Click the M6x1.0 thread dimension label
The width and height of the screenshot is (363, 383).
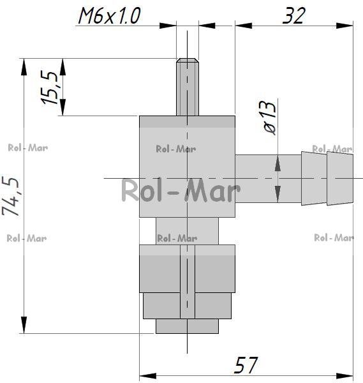point(109,15)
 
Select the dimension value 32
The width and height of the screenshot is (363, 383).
point(294,15)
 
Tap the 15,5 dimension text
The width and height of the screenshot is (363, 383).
point(50,87)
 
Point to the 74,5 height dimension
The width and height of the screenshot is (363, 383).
point(10,196)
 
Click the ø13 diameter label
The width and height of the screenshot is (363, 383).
point(270,117)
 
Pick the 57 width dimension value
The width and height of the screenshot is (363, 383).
point(246,365)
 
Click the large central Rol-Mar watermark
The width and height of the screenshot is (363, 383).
point(181,190)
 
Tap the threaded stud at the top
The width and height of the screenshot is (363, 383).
point(188,87)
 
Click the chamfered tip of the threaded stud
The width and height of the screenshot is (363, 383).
point(188,60)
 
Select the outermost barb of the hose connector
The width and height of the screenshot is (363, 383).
point(340,178)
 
